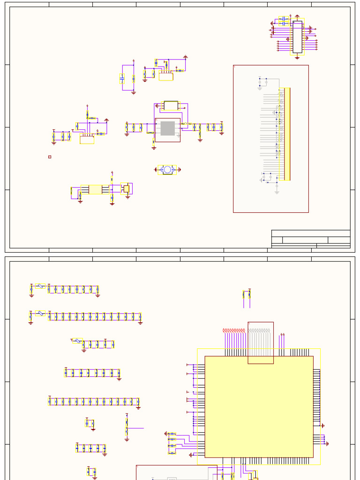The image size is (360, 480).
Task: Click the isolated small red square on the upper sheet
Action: coord(50,157)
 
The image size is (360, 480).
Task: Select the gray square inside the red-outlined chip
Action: coord(167,128)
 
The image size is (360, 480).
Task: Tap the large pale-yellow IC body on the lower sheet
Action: coord(259,406)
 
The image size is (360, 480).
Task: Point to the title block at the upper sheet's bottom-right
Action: coord(311,239)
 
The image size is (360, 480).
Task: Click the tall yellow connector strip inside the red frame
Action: coord(287,134)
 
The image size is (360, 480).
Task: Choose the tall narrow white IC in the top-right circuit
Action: coord(297,37)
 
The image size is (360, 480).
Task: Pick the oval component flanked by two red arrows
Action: coord(167,170)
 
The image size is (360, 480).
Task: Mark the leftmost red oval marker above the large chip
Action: coord(225,330)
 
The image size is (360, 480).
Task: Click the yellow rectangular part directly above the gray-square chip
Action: coord(171,105)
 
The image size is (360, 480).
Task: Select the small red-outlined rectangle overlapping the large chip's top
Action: coord(261,343)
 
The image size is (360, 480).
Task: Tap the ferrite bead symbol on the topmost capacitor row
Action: coord(41,286)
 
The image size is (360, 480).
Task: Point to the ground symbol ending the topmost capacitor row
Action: coord(97,295)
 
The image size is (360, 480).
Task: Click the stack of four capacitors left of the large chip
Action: coord(172,443)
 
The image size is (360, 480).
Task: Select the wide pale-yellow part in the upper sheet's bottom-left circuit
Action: coord(95,189)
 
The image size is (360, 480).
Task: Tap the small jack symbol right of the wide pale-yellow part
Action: coord(126,188)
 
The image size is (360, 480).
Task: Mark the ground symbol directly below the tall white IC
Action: coord(297,58)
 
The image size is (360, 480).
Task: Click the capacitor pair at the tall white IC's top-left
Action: coord(284,21)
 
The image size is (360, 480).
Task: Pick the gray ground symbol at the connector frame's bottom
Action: coord(277,192)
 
